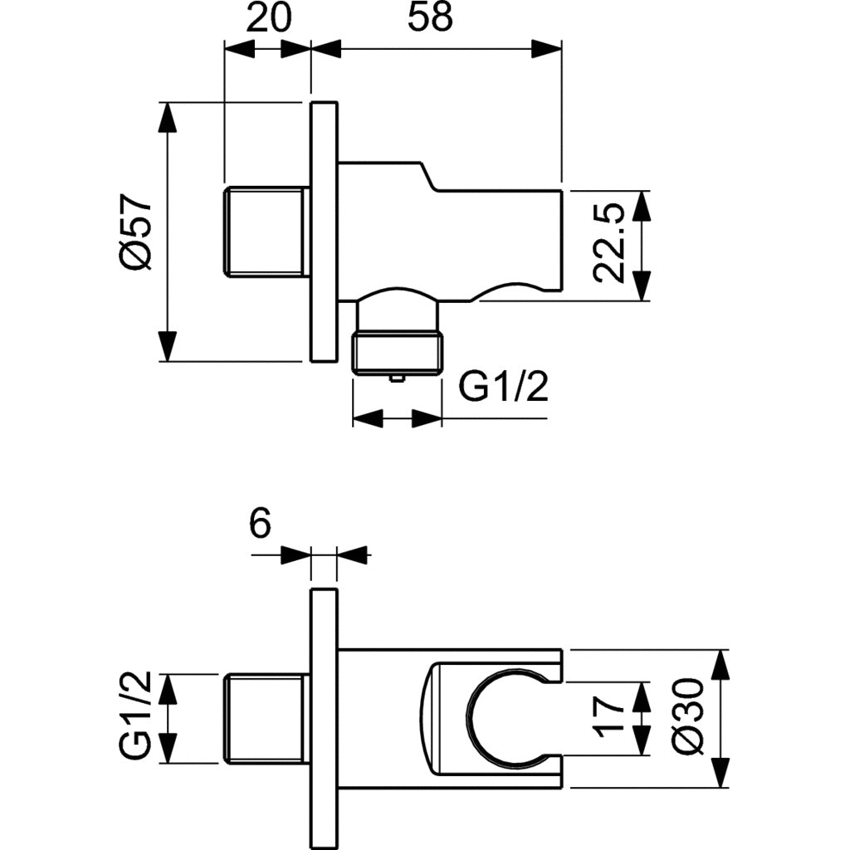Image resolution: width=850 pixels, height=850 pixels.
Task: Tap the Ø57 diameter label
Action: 135,232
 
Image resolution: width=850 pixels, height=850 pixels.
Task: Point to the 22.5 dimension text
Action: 610,245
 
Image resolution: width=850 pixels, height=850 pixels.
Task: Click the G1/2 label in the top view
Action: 504,387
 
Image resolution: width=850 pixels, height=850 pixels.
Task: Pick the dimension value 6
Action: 259,525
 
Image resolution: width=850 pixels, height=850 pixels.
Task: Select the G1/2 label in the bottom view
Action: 135,718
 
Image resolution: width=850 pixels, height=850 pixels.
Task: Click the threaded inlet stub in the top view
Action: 266,232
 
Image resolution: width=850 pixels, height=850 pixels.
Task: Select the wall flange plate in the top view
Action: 324,232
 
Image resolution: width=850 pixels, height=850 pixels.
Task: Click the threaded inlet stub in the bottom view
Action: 266,718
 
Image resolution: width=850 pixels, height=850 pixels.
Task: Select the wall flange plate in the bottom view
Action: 324,718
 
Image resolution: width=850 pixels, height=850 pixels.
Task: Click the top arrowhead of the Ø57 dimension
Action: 168,116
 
